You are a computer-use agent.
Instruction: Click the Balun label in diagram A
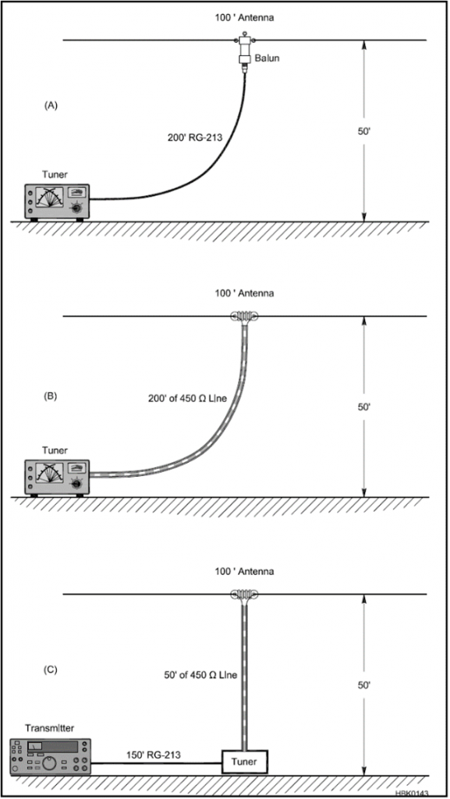click(x=267, y=59)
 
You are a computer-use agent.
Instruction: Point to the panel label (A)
click(x=51, y=105)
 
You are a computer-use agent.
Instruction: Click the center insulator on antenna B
click(x=245, y=317)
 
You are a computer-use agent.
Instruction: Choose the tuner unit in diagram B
click(x=57, y=478)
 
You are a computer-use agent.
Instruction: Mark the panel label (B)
click(x=51, y=396)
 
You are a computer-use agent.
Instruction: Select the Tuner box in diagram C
click(x=244, y=762)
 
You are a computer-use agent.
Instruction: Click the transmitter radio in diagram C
click(x=50, y=757)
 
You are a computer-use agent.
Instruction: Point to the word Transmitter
click(x=49, y=728)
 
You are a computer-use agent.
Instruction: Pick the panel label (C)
click(x=51, y=669)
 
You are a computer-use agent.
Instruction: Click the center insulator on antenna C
click(x=245, y=594)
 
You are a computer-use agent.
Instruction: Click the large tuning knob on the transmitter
click(x=49, y=764)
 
